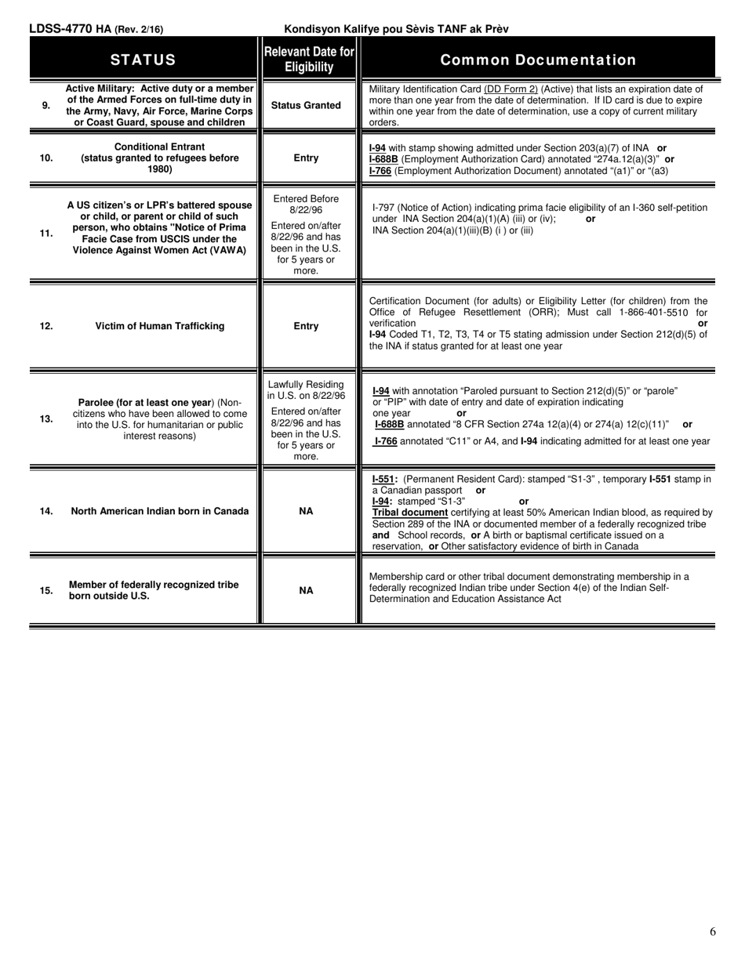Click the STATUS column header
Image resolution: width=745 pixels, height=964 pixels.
pyautogui.click(x=143, y=60)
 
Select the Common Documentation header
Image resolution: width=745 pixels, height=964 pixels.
pyautogui.click(x=538, y=60)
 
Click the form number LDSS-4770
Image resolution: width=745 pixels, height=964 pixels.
pyautogui.click(x=61, y=29)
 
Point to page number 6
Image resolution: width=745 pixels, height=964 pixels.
pyautogui.click(x=712, y=932)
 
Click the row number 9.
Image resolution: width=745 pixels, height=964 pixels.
pyautogui.click(x=46, y=105)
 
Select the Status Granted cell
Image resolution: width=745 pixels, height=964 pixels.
pyautogui.click(x=306, y=105)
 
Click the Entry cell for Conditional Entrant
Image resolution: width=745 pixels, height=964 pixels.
pyautogui.click(x=306, y=158)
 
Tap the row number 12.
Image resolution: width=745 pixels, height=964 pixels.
pyautogui.click(x=46, y=326)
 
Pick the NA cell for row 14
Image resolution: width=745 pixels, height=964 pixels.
pyautogui.click(x=306, y=511)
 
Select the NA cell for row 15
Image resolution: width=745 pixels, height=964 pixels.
pyautogui.click(x=306, y=590)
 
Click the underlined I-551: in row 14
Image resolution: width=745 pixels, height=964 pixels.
pyautogui.click(x=384, y=479)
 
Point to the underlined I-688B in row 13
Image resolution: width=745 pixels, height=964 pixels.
pyautogui.click(x=389, y=424)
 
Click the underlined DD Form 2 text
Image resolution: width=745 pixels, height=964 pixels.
pyautogui.click(x=511, y=89)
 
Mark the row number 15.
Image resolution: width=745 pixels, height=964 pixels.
pyautogui.click(x=46, y=590)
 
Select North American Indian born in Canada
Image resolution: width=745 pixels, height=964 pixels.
pyautogui.click(x=160, y=511)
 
